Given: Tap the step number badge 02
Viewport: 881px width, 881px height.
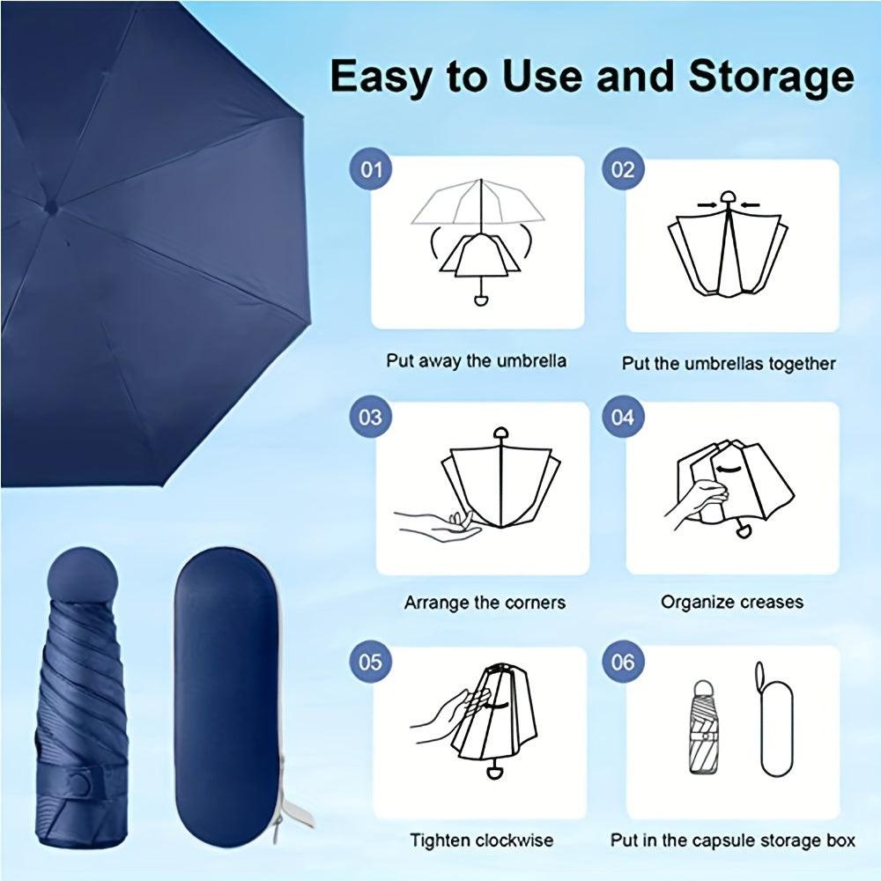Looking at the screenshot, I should pos(622,168).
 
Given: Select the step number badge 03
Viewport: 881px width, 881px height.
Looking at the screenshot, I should pos(371,415).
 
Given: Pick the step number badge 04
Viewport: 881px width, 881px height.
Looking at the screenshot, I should pos(622,415).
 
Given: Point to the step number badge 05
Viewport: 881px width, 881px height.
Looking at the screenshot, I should pos(371,661).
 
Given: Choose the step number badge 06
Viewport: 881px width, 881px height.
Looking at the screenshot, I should pos(622,661).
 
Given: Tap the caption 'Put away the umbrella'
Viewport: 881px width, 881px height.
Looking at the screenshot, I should pos(476,361).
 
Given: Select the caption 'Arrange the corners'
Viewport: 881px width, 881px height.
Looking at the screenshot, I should pos(485,603).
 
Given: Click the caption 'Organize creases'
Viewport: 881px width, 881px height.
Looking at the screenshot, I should pos(732,603).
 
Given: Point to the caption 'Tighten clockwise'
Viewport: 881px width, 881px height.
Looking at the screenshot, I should pos(481,840).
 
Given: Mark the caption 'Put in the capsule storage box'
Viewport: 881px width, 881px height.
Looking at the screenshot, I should pos(732,840).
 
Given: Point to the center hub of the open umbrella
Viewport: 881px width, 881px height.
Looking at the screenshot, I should pos(51,208).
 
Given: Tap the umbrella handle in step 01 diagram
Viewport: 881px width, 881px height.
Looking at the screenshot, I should pos(481,300).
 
